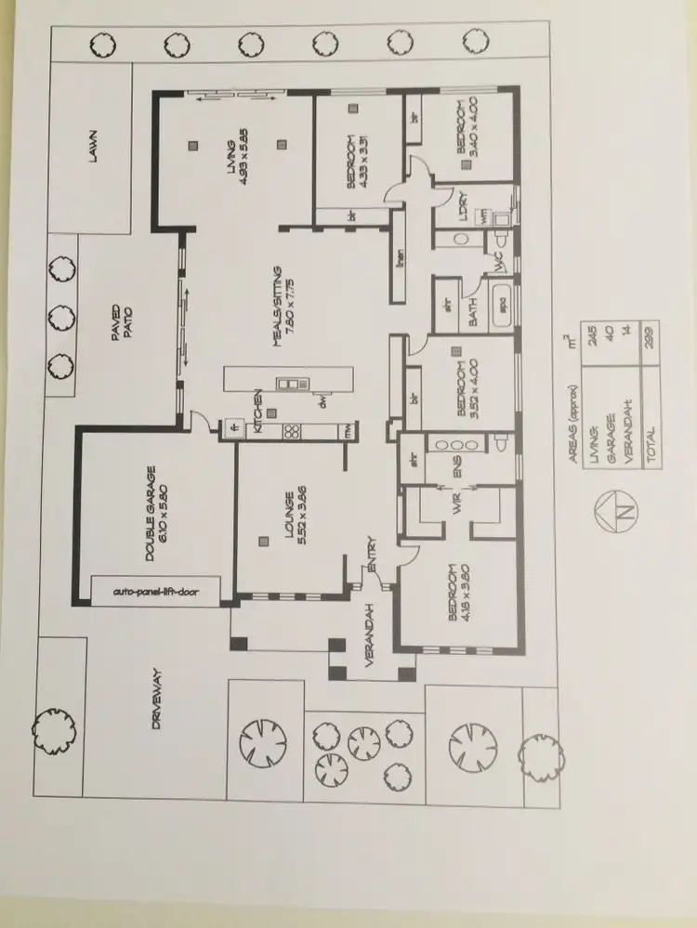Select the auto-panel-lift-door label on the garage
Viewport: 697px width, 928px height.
154,590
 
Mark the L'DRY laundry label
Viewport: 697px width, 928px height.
462,206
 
